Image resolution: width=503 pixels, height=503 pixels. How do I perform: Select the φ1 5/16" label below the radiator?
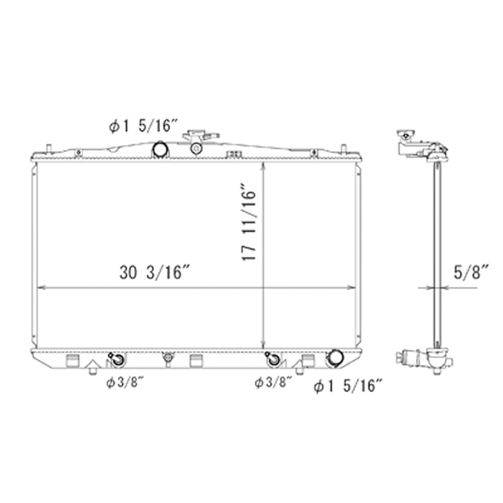pyautogui.click(x=348, y=386)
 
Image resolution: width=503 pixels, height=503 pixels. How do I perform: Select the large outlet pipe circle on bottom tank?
pyautogui.click(x=334, y=359)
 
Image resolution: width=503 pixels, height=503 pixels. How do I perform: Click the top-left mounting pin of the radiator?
pyautogui.click(x=49, y=148)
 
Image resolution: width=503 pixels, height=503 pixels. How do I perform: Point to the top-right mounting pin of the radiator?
pyautogui.click(x=343, y=148)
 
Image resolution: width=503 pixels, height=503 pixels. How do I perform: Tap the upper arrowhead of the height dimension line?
pyautogui.click(x=263, y=166)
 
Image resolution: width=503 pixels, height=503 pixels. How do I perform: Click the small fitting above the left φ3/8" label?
pyautogui.click(x=117, y=359)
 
